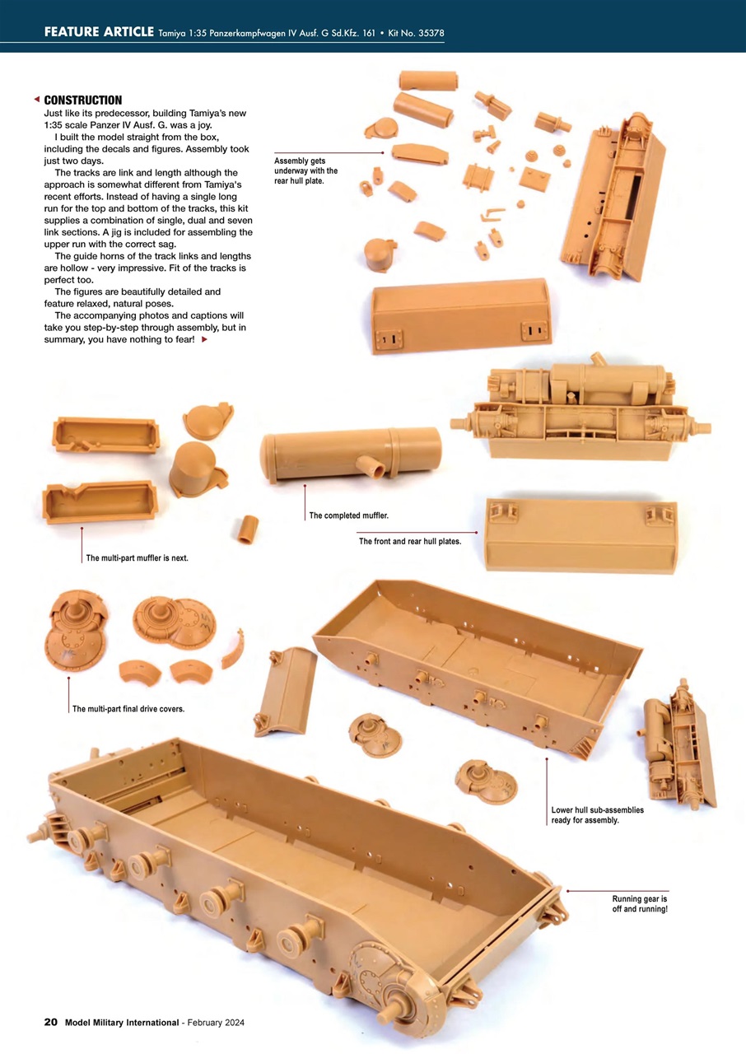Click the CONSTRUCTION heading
pos(82,100)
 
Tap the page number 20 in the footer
pos(50,1022)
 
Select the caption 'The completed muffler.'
pos(348,515)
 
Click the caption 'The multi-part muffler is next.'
pos(137,557)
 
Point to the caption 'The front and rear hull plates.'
pos(409,541)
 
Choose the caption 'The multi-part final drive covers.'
pos(128,709)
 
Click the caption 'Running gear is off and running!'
pos(640,903)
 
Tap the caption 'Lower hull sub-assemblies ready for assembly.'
pos(597,815)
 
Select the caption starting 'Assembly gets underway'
pos(305,170)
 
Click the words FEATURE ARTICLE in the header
pos(99,32)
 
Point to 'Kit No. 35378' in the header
pos(417,33)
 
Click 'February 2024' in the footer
pos(215,1023)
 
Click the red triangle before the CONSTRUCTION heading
pos(36,100)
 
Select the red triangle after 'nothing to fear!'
pos(204,339)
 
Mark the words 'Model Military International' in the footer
pos(121,1023)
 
